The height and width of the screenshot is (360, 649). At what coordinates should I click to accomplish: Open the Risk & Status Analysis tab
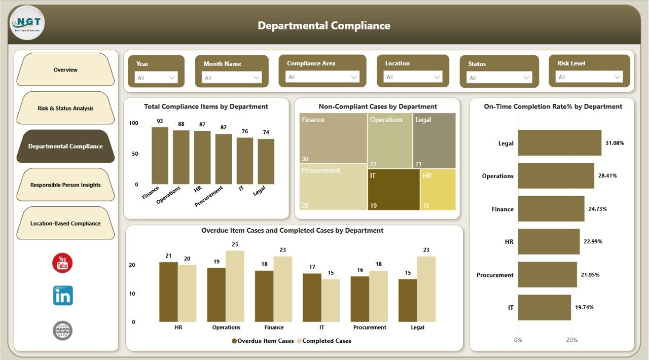point(65,108)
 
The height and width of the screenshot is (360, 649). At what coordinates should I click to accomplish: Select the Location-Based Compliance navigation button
point(65,223)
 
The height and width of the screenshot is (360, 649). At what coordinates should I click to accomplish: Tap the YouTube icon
point(62,263)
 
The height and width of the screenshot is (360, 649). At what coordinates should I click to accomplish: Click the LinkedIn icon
point(63,296)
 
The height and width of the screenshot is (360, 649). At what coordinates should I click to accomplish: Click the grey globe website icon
point(63,331)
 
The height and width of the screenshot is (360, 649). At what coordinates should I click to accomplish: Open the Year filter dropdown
point(156,78)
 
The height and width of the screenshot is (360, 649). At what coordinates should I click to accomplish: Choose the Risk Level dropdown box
point(590,77)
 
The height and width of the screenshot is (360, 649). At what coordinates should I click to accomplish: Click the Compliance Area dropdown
point(322,77)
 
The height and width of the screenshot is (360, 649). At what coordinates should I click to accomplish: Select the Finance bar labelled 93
point(160,156)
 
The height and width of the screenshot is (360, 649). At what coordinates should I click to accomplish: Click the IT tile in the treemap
point(393,189)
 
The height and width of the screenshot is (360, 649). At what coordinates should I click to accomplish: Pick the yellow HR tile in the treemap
point(438,189)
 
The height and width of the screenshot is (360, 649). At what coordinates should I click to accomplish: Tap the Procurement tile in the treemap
point(333,186)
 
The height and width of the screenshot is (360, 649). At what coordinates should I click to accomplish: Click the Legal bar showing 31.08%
point(559,143)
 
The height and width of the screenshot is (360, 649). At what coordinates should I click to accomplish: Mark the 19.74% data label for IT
point(585,307)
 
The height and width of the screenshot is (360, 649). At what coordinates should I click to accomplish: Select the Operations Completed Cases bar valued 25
point(235,286)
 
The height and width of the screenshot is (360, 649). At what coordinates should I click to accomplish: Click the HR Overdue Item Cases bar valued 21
point(168,292)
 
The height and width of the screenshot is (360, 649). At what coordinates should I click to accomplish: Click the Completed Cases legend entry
point(324,341)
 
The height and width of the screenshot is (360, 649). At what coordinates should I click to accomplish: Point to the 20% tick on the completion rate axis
point(571,340)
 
